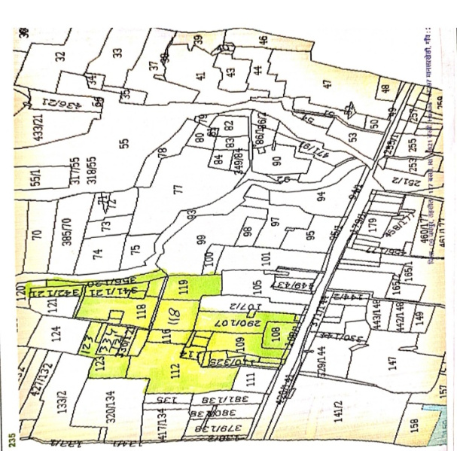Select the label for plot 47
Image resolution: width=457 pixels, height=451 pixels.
(x=328, y=84)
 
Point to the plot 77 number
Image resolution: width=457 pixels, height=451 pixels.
(x=178, y=189)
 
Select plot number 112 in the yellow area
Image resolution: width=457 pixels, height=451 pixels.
(x=176, y=368)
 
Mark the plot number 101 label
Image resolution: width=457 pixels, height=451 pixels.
(x=265, y=261)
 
